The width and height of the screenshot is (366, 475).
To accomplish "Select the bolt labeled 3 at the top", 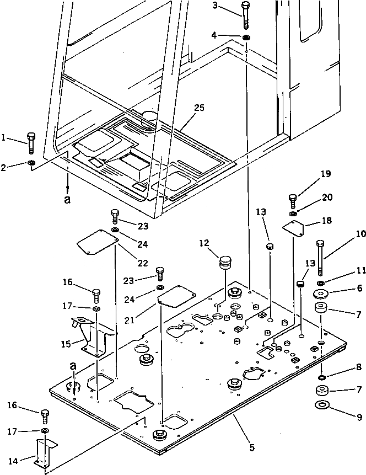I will coord(32,163).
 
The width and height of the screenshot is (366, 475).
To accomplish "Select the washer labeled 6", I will coord(322,292).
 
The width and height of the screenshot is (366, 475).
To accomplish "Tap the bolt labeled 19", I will coord(293,199).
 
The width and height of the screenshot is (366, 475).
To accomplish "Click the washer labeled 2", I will coord(32,163).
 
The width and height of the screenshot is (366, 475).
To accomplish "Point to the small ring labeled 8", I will coord(321,377).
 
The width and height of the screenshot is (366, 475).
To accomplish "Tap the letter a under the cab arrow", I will coord(67,200).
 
